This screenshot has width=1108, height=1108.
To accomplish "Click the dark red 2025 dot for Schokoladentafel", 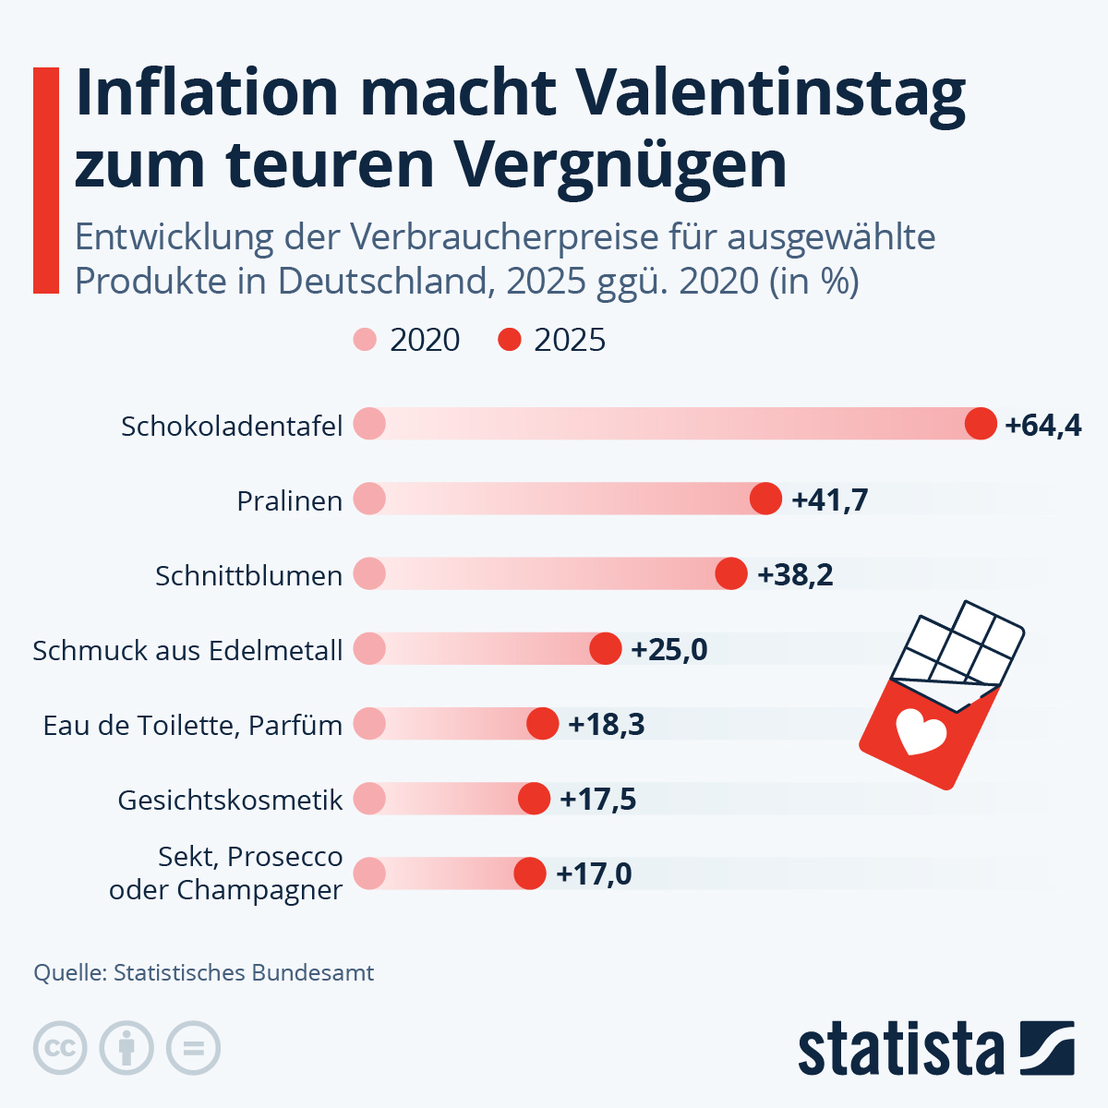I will [981, 424].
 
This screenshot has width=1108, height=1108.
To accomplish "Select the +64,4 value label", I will [1043, 426].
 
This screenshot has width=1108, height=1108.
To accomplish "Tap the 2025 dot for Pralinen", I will [765, 499].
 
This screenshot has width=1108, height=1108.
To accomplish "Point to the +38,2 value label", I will [795, 574].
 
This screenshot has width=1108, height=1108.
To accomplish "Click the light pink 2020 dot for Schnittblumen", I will [369, 573].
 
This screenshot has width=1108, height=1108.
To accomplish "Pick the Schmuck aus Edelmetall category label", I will [187, 650].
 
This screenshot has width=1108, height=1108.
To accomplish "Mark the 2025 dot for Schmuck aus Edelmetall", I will [606, 648].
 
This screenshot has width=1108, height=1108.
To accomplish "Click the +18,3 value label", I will [607, 724].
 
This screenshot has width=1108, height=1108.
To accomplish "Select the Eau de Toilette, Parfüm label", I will [193, 725].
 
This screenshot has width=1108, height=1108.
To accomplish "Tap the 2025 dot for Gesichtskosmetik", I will [534, 799].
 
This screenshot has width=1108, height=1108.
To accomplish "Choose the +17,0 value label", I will [594, 873].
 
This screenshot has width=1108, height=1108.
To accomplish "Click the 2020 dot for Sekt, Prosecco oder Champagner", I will [369, 873].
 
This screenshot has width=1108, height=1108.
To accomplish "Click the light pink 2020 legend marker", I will [366, 340].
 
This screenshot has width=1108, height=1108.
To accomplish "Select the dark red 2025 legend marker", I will [510, 340].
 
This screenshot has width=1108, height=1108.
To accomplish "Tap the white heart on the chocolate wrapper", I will [921, 732].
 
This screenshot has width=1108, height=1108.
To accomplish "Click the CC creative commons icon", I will [60, 1048].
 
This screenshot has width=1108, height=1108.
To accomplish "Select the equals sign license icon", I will [193, 1048].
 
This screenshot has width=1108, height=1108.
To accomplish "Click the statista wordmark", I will [900, 1050].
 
